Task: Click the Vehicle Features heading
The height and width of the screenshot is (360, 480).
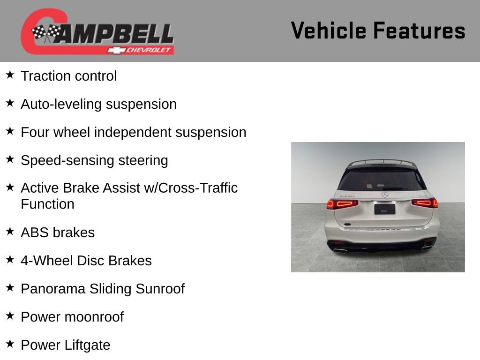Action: click(x=378, y=31)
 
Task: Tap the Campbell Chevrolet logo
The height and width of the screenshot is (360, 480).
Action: click(x=97, y=32)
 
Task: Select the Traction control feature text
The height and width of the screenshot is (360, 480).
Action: click(x=68, y=76)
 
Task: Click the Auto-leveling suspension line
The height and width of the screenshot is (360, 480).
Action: click(x=98, y=104)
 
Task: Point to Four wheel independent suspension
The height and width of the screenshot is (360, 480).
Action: click(x=133, y=132)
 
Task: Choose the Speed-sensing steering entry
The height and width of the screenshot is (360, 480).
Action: click(x=94, y=160)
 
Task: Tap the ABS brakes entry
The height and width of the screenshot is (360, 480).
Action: click(x=58, y=232)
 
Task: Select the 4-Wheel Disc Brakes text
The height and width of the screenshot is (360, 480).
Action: click(x=86, y=261)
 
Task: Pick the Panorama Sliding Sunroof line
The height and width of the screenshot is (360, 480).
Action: click(x=103, y=289)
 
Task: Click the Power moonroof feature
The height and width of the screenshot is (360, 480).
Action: click(x=72, y=317)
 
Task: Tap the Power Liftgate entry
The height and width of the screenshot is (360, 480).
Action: click(x=66, y=345)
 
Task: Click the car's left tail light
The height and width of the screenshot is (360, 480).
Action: click(x=342, y=203)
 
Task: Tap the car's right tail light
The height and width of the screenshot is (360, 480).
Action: click(x=425, y=203)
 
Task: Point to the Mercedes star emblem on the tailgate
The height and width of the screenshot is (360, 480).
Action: click(x=385, y=195)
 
